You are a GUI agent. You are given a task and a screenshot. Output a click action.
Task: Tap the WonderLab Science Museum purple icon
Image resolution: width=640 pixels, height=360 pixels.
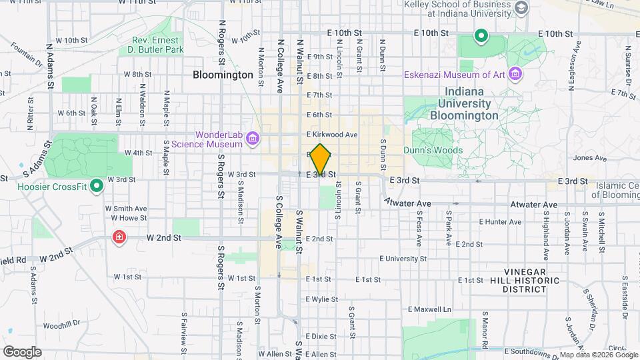coord(252,139)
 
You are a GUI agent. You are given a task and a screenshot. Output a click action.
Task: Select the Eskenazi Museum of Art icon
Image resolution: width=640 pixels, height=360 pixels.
coord(514,73)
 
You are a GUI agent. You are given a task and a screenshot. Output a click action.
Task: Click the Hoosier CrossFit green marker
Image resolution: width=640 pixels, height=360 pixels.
coord(97,185)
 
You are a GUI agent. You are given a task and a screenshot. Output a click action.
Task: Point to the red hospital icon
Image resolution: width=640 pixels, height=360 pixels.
coord(119,237)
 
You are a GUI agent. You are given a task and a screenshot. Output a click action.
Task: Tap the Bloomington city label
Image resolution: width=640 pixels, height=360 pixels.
coord(223,75)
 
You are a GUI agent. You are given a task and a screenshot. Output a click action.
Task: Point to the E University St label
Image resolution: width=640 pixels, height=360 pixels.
coord(403,258)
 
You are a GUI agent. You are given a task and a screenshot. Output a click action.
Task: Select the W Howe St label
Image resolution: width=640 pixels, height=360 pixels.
coord(129,218)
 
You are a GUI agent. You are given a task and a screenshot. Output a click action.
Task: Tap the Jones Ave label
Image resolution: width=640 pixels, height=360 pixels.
coord(590,158)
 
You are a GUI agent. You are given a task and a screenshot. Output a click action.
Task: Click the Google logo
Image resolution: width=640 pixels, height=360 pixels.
coord(22,352)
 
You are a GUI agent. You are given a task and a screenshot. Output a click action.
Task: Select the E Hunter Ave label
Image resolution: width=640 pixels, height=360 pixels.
coord(500,221)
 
